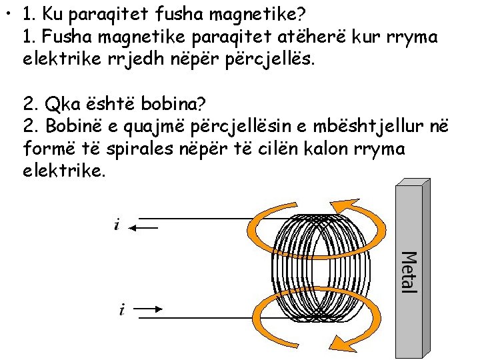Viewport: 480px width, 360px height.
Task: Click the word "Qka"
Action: (59, 104)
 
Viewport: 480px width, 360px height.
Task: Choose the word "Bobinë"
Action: (75, 127)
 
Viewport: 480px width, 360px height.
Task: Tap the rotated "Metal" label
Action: (409, 271)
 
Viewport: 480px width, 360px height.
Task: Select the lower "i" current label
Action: (121, 309)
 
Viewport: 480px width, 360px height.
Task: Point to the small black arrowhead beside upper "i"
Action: (133, 228)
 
